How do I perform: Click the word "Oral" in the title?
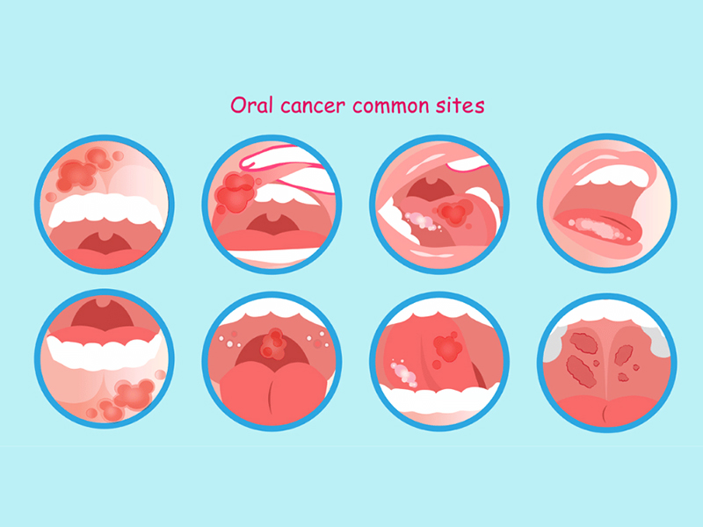(248, 105)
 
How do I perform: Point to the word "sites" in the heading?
(461, 105)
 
